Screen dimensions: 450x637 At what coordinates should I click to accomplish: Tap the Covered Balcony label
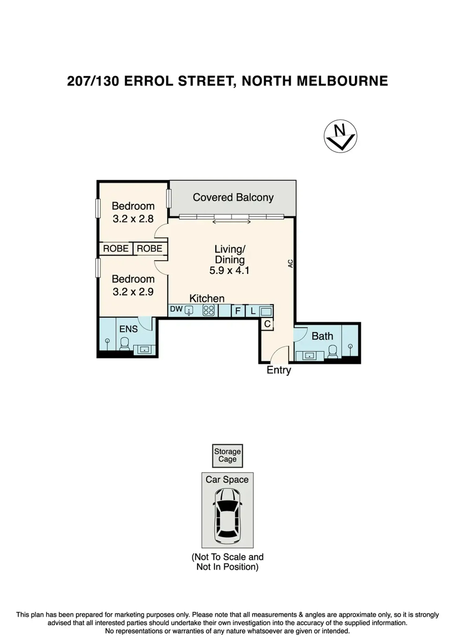[x=233, y=197]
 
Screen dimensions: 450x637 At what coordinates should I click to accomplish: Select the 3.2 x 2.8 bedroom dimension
[x=133, y=219]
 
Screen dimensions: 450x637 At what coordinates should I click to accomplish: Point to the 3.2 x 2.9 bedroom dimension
[x=133, y=292]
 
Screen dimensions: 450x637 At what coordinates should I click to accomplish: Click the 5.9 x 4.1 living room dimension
[x=229, y=270]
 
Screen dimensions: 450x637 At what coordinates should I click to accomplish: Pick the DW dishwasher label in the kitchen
[x=176, y=309]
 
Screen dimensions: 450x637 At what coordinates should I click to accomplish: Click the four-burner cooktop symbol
[x=209, y=311]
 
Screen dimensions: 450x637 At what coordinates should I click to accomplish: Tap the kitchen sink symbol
[x=189, y=311]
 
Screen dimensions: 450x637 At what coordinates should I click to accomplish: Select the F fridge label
[x=238, y=311]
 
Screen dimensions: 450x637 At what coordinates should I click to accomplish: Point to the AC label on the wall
[x=290, y=263]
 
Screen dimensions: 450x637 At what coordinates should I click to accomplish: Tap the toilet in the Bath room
[x=333, y=352]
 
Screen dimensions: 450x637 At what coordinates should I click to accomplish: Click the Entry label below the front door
[x=279, y=370]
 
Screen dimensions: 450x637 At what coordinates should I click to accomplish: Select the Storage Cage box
[x=227, y=455]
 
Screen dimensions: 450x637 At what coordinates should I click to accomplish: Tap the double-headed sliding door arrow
[x=231, y=222]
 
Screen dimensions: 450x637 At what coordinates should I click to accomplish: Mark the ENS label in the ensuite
[x=129, y=329]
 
